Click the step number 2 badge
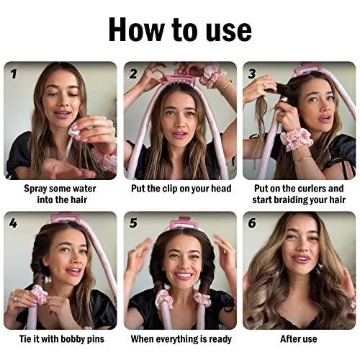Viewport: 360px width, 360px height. [133, 73]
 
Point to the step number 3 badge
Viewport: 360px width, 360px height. [252, 73]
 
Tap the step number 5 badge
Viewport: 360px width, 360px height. [133, 223]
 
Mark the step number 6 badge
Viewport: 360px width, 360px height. [252, 223]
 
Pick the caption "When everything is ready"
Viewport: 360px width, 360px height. [179, 338]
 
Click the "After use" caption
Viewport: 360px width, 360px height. [299, 338]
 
